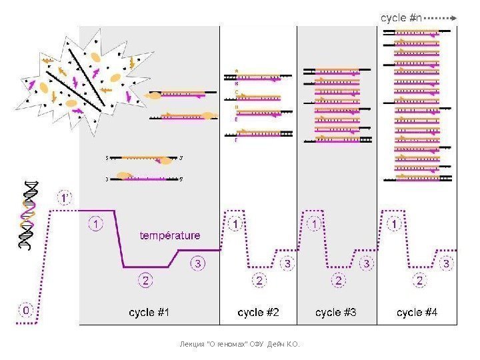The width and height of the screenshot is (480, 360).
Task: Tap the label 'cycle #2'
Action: click(x=258, y=311)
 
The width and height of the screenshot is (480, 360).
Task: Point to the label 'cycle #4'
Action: click(x=417, y=311)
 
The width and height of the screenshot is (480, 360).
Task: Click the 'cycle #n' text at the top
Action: click(x=401, y=18)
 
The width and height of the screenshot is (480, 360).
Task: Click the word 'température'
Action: click(x=169, y=235)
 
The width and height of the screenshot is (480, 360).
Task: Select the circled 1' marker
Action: click(x=64, y=198)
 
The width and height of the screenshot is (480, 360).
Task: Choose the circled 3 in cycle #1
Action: click(x=199, y=263)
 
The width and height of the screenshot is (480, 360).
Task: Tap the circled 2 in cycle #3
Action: click(x=339, y=281)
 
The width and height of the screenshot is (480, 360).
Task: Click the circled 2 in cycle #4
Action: click(x=419, y=281)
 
